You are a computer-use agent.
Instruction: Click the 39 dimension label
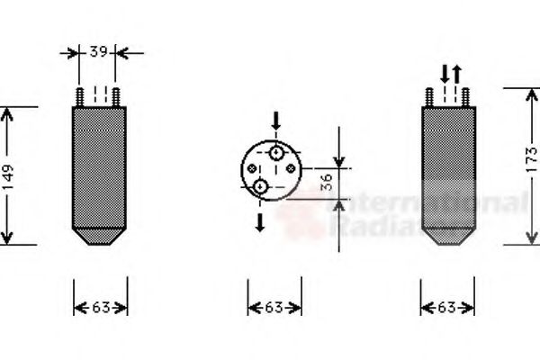point(99,52)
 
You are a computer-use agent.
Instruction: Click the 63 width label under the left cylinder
point(99,308)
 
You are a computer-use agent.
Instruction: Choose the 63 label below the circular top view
point(274,308)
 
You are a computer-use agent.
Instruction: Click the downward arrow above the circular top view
point(276,121)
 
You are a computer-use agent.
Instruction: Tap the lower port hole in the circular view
point(260,186)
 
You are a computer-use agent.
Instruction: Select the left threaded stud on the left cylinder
point(81,97)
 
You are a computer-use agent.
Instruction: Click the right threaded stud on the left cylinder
point(118,97)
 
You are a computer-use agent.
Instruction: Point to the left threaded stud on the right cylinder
point(431,97)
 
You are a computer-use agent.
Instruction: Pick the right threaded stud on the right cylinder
point(468,97)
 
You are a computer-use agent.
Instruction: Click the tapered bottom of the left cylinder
point(99,237)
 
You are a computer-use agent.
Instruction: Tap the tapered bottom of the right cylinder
point(449,237)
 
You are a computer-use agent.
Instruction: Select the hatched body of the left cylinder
point(99,166)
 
